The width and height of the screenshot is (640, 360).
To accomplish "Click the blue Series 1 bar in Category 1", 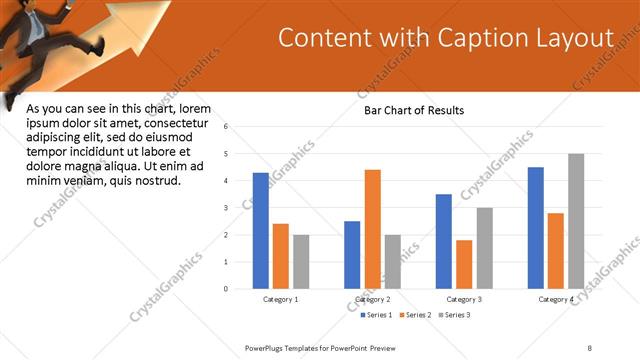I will pos(260,231).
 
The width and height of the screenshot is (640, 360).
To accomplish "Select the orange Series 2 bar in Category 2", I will pos(372,229).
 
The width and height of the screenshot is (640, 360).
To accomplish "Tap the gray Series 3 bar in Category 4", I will pos(575,221).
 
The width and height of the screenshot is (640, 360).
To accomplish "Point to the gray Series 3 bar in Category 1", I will pos(301,262).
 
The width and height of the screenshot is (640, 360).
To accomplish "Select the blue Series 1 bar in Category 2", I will pos(352,255).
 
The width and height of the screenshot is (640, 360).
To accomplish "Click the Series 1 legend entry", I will pos(376,315).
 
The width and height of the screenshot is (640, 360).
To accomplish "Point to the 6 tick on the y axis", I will pos(226,127).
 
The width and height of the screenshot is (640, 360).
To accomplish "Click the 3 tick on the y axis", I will pos(226,208).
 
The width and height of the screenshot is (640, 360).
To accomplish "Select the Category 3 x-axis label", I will pos(464,299).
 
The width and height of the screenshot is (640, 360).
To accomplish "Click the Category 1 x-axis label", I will pos(280,299).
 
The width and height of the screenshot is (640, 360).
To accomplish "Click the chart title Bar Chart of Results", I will pos(414,110).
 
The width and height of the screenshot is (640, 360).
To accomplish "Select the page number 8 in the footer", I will pos(589,348).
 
